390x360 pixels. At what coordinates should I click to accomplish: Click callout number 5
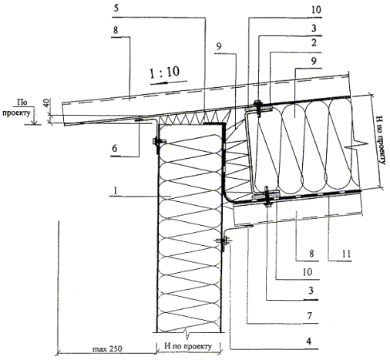[116, 8]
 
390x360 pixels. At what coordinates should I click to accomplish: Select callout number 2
[314, 42]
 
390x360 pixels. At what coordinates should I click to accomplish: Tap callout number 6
[115, 148]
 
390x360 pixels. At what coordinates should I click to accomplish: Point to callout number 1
[116, 190]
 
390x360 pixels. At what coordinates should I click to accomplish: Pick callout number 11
[346, 254]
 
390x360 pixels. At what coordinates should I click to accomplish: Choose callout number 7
[310, 315]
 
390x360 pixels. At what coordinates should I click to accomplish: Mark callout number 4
[309, 341]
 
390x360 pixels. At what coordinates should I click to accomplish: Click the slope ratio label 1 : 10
[164, 72]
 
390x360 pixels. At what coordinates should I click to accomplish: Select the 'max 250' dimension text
[107, 348]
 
